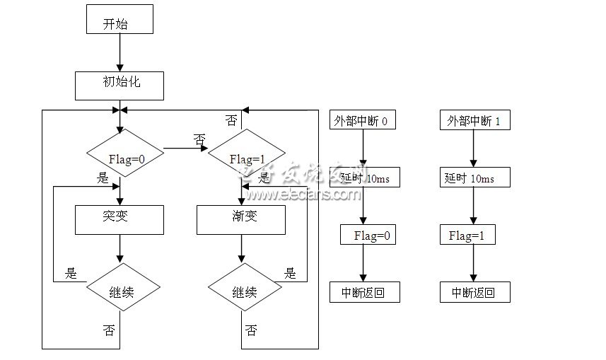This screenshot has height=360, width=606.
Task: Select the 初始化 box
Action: pyautogui.click(x=120, y=84)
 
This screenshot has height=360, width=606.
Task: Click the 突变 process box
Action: pyautogui.click(x=120, y=219)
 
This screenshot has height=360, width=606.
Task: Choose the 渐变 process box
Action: pyautogui.click(x=241, y=219)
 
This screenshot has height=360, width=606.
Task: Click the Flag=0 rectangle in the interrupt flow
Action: pyautogui.click(x=368, y=236)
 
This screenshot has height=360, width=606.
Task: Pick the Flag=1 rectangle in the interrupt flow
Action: pyautogui.click(x=470, y=236)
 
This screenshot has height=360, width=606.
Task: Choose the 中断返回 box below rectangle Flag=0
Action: pyautogui.click(x=364, y=291)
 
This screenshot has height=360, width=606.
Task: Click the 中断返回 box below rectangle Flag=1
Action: pyautogui.click(x=474, y=291)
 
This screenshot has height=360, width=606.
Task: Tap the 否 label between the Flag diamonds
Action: pyautogui.click(x=199, y=141)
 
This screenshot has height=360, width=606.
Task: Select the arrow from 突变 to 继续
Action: pyautogui.click(x=120, y=249)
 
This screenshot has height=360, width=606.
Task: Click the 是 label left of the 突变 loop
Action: pyautogui.click(x=71, y=273)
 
